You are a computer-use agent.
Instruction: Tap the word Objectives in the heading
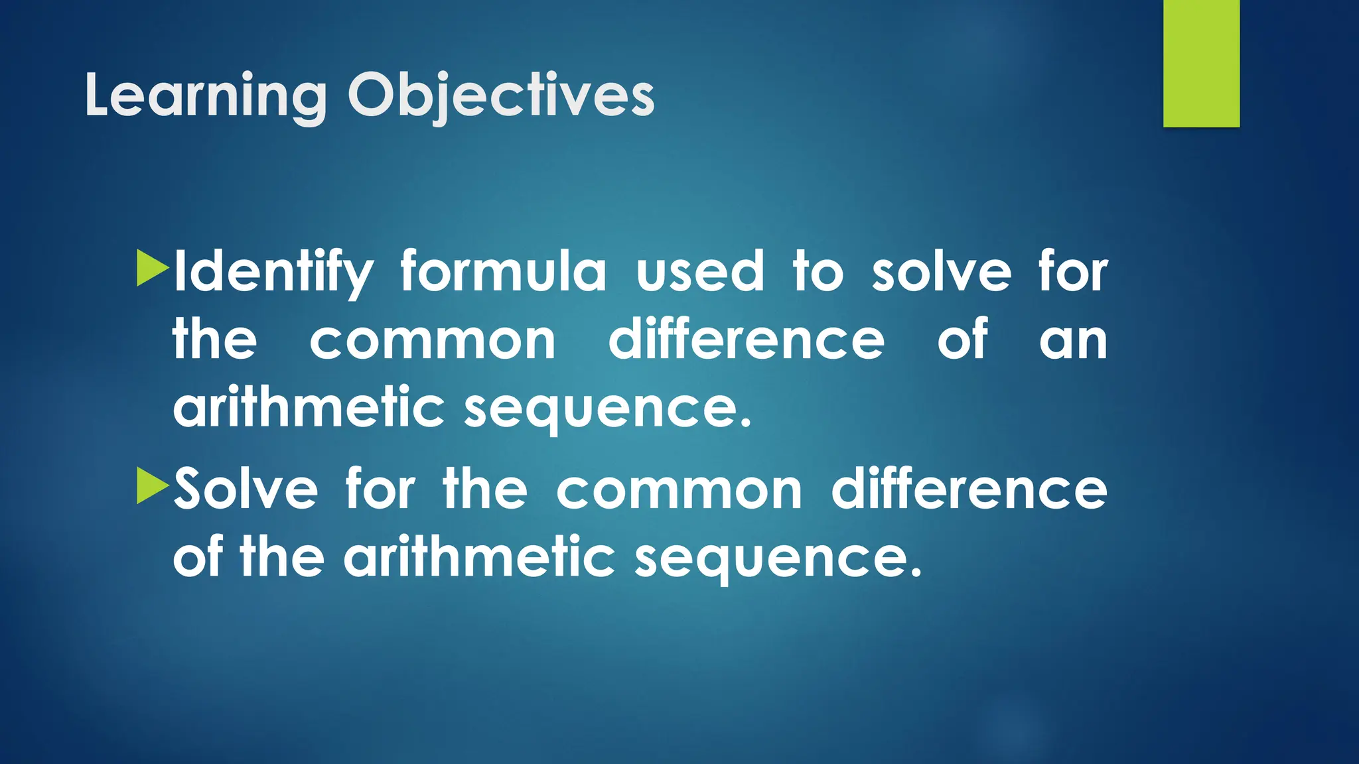(x=501, y=96)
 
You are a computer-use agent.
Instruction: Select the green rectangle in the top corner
(x=1201, y=63)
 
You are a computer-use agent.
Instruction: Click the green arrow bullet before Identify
(x=152, y=268)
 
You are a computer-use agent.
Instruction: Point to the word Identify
(x=273, y=272)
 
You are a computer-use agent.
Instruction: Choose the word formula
(x=503, y=272)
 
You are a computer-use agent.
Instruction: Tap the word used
(x=700, y=272)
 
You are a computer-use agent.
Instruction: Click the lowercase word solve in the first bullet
(x=941, y=272)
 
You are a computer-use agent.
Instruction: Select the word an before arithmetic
(x=1073, y=340)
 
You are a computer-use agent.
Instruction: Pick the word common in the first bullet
(x=433, y=340)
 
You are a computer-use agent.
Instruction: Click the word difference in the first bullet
(x=747, y=340)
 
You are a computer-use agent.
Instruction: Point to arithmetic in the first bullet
(x=309, y=407)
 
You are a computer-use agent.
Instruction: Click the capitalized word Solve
(x=246, y=489)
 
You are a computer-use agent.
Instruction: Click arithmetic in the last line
(x=479, y=557)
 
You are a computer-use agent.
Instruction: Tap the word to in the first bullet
(x=818, y=272)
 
